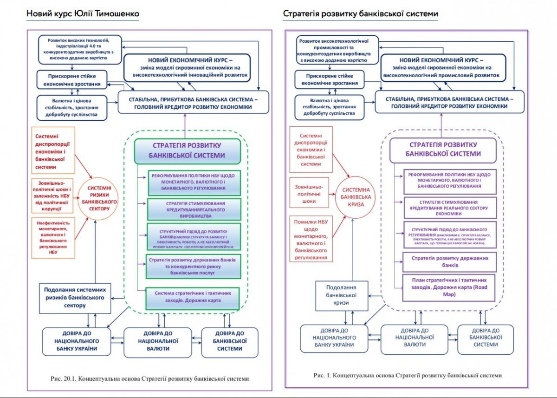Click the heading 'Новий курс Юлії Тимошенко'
[x=83, y=14]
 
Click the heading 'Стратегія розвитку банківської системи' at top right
[x=360, y=14]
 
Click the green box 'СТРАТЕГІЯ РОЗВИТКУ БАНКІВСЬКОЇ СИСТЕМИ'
[x=188, y=151]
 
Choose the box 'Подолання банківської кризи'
[x=342, y=296]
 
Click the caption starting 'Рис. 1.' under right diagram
[x=408, y=375]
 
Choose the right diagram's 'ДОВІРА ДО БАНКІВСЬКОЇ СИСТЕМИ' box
[x=486, y=340]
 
